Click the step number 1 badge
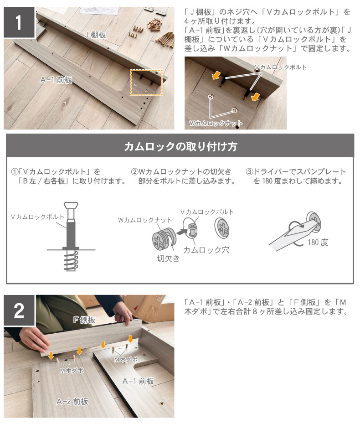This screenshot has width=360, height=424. [x=19, y=22]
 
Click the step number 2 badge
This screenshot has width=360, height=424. [x=19, y=310]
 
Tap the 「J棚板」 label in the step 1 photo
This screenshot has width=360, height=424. [x=95, y=35]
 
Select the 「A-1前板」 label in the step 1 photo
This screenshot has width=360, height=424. [x=56, y=80]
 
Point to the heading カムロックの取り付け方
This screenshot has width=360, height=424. [x=180, y=146]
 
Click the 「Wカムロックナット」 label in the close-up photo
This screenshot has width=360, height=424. [x=216, y=123]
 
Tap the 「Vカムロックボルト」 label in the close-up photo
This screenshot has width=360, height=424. [x=281, y=67]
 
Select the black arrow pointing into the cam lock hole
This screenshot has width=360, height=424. [x=182, y=232]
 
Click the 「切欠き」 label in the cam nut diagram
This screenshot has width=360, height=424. [x=168, y=259]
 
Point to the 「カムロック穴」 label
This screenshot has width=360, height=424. [x=206, y=250]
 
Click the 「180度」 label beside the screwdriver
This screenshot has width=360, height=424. [x=318, y=242]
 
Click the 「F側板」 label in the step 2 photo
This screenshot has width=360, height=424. [x=84, y=320]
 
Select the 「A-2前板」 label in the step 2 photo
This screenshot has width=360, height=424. [x=72, y=401]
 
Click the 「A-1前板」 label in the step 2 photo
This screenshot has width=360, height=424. [x=139, y=381]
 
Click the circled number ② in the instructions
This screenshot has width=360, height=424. [x=134, y=172]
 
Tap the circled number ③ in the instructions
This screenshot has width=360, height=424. [x=249, y=172]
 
